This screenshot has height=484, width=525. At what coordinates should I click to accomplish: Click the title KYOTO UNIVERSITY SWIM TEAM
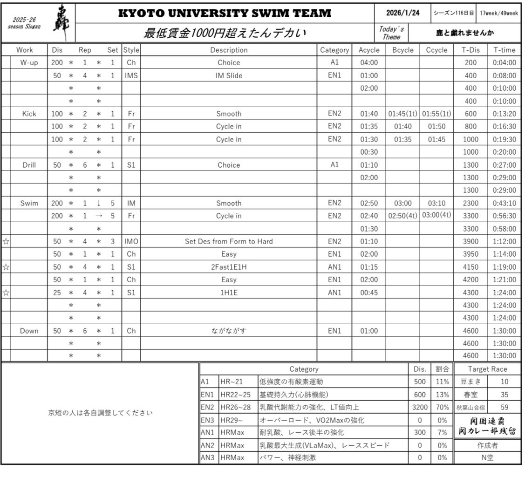(225, 13)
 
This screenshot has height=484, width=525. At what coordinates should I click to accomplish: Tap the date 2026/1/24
(402, 13)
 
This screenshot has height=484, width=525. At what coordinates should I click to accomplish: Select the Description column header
(229, 50)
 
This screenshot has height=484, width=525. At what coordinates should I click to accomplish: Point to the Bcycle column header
(402, 50)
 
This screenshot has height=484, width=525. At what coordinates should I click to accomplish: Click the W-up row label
(29, 62)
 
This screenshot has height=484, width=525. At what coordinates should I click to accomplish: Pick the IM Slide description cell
(229, 75)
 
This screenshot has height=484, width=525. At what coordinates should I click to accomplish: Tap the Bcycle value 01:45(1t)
(402, 114)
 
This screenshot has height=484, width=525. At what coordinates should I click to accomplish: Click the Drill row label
(29, 165)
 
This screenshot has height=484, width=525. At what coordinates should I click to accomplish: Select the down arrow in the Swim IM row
(99, 203)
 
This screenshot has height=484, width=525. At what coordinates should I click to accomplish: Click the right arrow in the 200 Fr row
(99, 216)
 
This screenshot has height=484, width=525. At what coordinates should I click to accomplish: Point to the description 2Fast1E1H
(229, 267)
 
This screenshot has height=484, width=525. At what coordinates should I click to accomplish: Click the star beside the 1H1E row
(6, 293)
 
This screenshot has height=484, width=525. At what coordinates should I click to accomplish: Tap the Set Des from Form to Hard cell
(229, 241)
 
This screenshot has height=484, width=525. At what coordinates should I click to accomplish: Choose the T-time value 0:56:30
(504, 216)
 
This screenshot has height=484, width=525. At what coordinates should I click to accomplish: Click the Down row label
(29, 331)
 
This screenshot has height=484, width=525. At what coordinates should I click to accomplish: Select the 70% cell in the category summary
(442, 407)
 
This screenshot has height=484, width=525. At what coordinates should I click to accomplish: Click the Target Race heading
(487, 369)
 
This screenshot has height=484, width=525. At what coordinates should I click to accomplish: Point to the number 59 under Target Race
(504, 407)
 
